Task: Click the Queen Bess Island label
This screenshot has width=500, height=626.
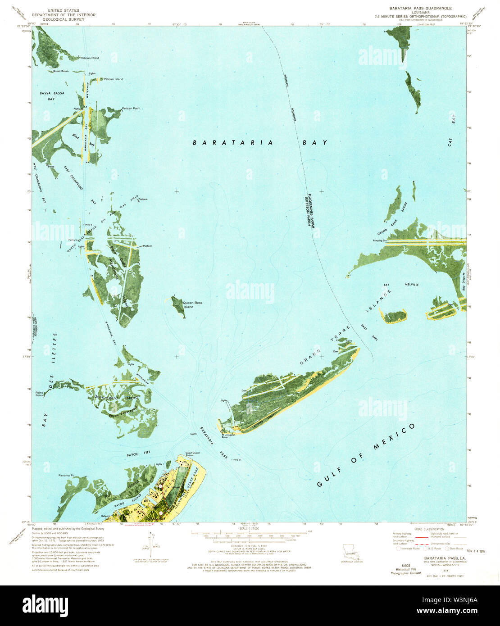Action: pos(192,305)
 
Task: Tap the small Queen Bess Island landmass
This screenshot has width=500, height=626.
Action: pos(177,306)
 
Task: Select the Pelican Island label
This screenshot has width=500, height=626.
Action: pos(113,79)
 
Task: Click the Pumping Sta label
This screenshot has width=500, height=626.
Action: pos(379,241)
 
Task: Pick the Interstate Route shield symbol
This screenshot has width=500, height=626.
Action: pos(398,549)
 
